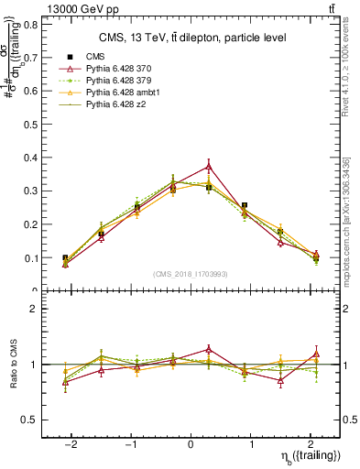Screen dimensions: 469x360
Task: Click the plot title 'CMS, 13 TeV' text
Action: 192,38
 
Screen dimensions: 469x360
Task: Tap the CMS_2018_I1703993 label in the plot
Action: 191,274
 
